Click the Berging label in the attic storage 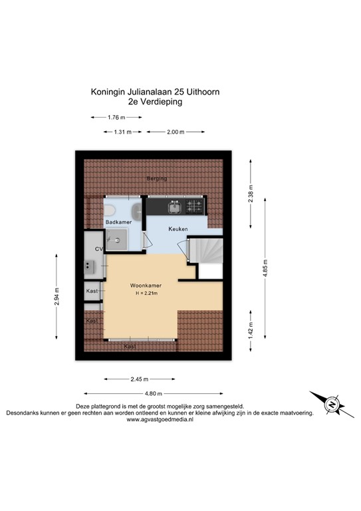coord(157,179)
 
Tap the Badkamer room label coord(117,222)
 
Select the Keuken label coord(178,229)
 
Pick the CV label coord(99,249)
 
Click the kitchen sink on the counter coord(175,207)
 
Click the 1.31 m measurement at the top coord(123,132)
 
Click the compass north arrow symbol coord(332,405)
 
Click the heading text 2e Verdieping coord(157,102)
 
